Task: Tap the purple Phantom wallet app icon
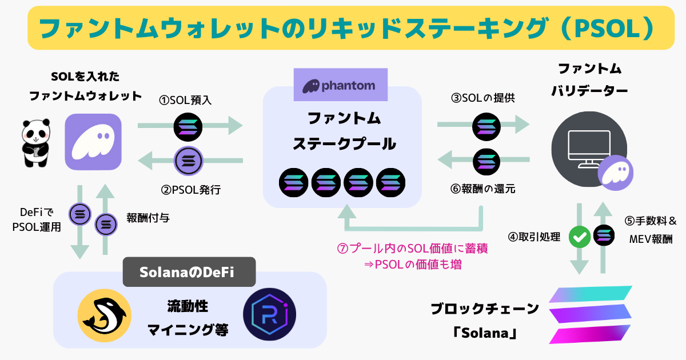click(x=93, y=142)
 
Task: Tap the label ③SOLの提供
click(x=483, y=98)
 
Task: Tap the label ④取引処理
click(x=541, y=237)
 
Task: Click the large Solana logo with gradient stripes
click(x=590, y=315)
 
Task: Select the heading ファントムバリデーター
click(x=590, y=79)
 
